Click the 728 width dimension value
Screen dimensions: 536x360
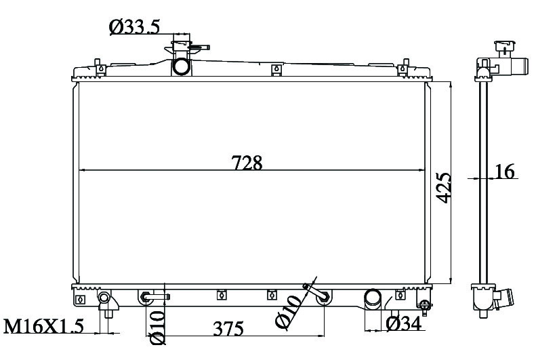click(x=247, y=163)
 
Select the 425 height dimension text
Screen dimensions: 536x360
click(x=444, y=188)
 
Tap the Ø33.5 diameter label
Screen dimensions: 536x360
click(x=134, y=27)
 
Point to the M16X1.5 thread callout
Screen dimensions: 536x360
click(x=43, y=326)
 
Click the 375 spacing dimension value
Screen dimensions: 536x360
click(x=228, y=329)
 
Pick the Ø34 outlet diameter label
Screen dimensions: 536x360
click(x=404, y=323)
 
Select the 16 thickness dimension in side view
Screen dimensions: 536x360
click(x=505, y=171)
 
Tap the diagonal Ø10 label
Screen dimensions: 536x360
click(x=288, y=311)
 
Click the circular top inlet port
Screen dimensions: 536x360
click(x=180, y=66)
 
